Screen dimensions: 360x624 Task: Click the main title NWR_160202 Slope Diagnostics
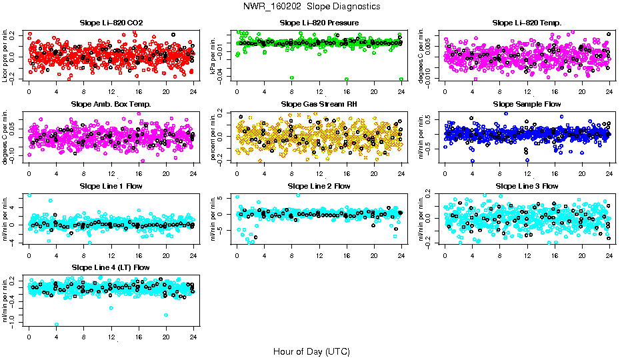point(311,6)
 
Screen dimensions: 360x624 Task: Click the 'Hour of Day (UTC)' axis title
point(311,351)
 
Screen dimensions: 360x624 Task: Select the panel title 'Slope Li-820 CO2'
point(111,23)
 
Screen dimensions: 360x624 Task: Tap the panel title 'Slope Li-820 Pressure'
point(319,23)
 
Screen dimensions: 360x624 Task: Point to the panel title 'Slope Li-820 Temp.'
point(527,23)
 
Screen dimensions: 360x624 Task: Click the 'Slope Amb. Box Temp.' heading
point(111,104)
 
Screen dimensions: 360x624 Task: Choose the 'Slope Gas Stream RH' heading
point(319,104)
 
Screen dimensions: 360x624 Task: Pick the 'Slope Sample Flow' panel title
point(527,104)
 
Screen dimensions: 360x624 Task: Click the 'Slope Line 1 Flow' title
point(111,186)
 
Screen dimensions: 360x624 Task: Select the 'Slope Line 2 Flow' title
point(319,186)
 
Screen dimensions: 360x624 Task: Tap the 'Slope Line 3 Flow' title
point(527,186)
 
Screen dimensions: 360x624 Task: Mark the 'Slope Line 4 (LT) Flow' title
point(111,267)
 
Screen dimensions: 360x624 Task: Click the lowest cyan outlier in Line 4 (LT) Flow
point(57,325)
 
